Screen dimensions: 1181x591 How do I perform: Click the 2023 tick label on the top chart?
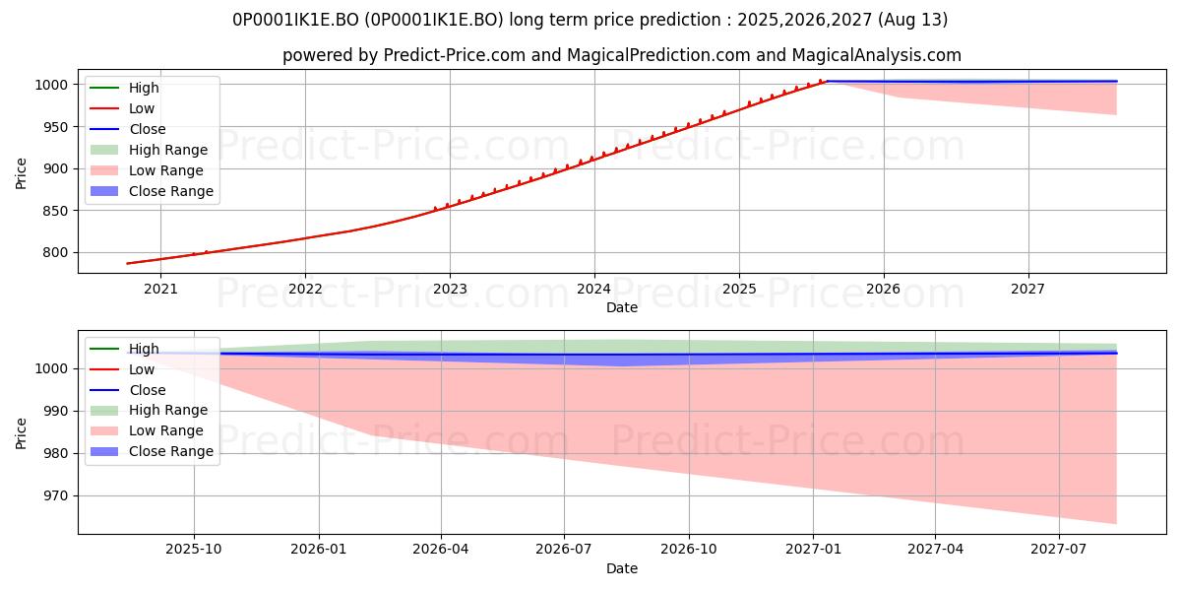(x=450, y=290)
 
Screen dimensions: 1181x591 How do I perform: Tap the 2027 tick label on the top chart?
(x=1027, y=290)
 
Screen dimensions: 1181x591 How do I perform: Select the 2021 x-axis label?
(x=160, y=290)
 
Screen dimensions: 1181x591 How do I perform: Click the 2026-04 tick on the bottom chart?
(x=441, y=550)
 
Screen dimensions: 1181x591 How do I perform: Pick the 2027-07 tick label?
(x=1059, y=550)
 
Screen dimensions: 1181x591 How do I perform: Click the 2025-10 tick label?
(x=194, y=550)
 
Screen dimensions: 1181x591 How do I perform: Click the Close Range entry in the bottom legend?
(x=152, y=451)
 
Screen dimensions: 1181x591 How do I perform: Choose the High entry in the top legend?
(x=124, y=88)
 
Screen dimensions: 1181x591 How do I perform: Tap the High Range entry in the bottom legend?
(x=149, y=410)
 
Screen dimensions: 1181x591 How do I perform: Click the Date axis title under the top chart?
(x=622, y=307)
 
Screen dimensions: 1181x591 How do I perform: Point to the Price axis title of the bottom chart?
(x=21, y=433)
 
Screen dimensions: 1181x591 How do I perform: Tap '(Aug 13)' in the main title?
(x=912, y=20)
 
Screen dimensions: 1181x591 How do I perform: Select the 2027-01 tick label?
(x=813, y=550)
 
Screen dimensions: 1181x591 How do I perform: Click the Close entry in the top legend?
(x=128, y=129)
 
